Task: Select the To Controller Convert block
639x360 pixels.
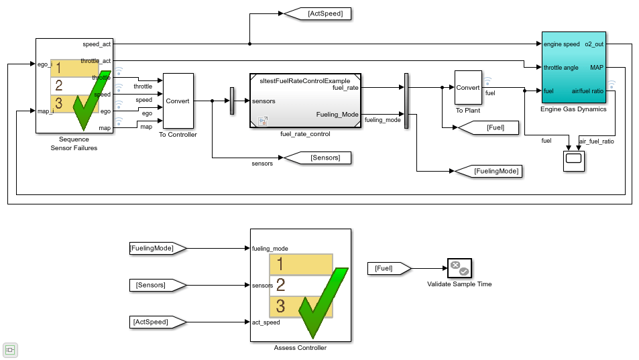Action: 178,101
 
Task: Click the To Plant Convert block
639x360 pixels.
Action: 467,87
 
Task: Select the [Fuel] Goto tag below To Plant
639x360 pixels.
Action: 487,127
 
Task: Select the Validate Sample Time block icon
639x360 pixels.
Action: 459,268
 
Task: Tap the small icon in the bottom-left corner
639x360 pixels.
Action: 11,350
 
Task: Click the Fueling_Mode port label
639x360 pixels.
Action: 337,115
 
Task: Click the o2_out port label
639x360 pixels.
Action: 594,44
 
